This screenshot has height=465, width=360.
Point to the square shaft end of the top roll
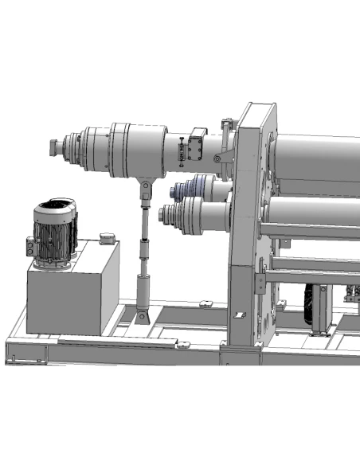(54, 148)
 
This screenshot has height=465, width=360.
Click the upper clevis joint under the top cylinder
(146, 190)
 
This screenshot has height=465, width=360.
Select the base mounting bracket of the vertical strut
(143, 317)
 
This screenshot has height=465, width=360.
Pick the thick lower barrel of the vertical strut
(143, 291)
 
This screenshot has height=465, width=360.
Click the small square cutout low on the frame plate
(237, 315)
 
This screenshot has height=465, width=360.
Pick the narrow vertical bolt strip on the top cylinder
(183, 151)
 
